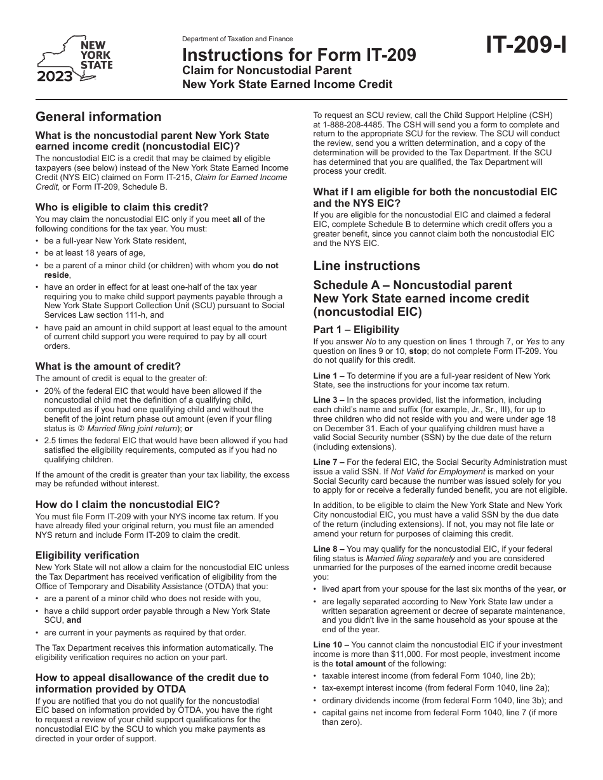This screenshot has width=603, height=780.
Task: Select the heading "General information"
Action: [x=98, y=117]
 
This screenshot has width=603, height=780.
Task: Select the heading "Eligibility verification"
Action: [x=87, y=555]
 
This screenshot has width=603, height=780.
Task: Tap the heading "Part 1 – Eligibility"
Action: [x=356, y=329]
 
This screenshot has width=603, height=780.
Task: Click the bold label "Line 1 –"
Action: [x=329, y=376]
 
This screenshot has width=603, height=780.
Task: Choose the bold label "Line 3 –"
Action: [x=329, y=400]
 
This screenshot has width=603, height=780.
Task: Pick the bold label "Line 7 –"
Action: [x=329, y=462]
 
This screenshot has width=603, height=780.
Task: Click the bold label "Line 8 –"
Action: [x=329, y=549]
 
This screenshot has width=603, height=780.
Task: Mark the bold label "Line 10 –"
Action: [x=331, y=645]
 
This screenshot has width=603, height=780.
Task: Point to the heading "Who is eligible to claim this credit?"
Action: [x=122, y=207]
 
